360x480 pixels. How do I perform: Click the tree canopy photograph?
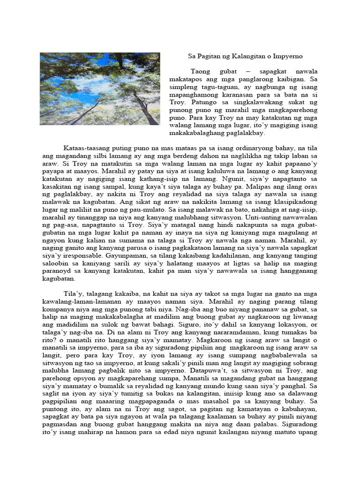point(100,89)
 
